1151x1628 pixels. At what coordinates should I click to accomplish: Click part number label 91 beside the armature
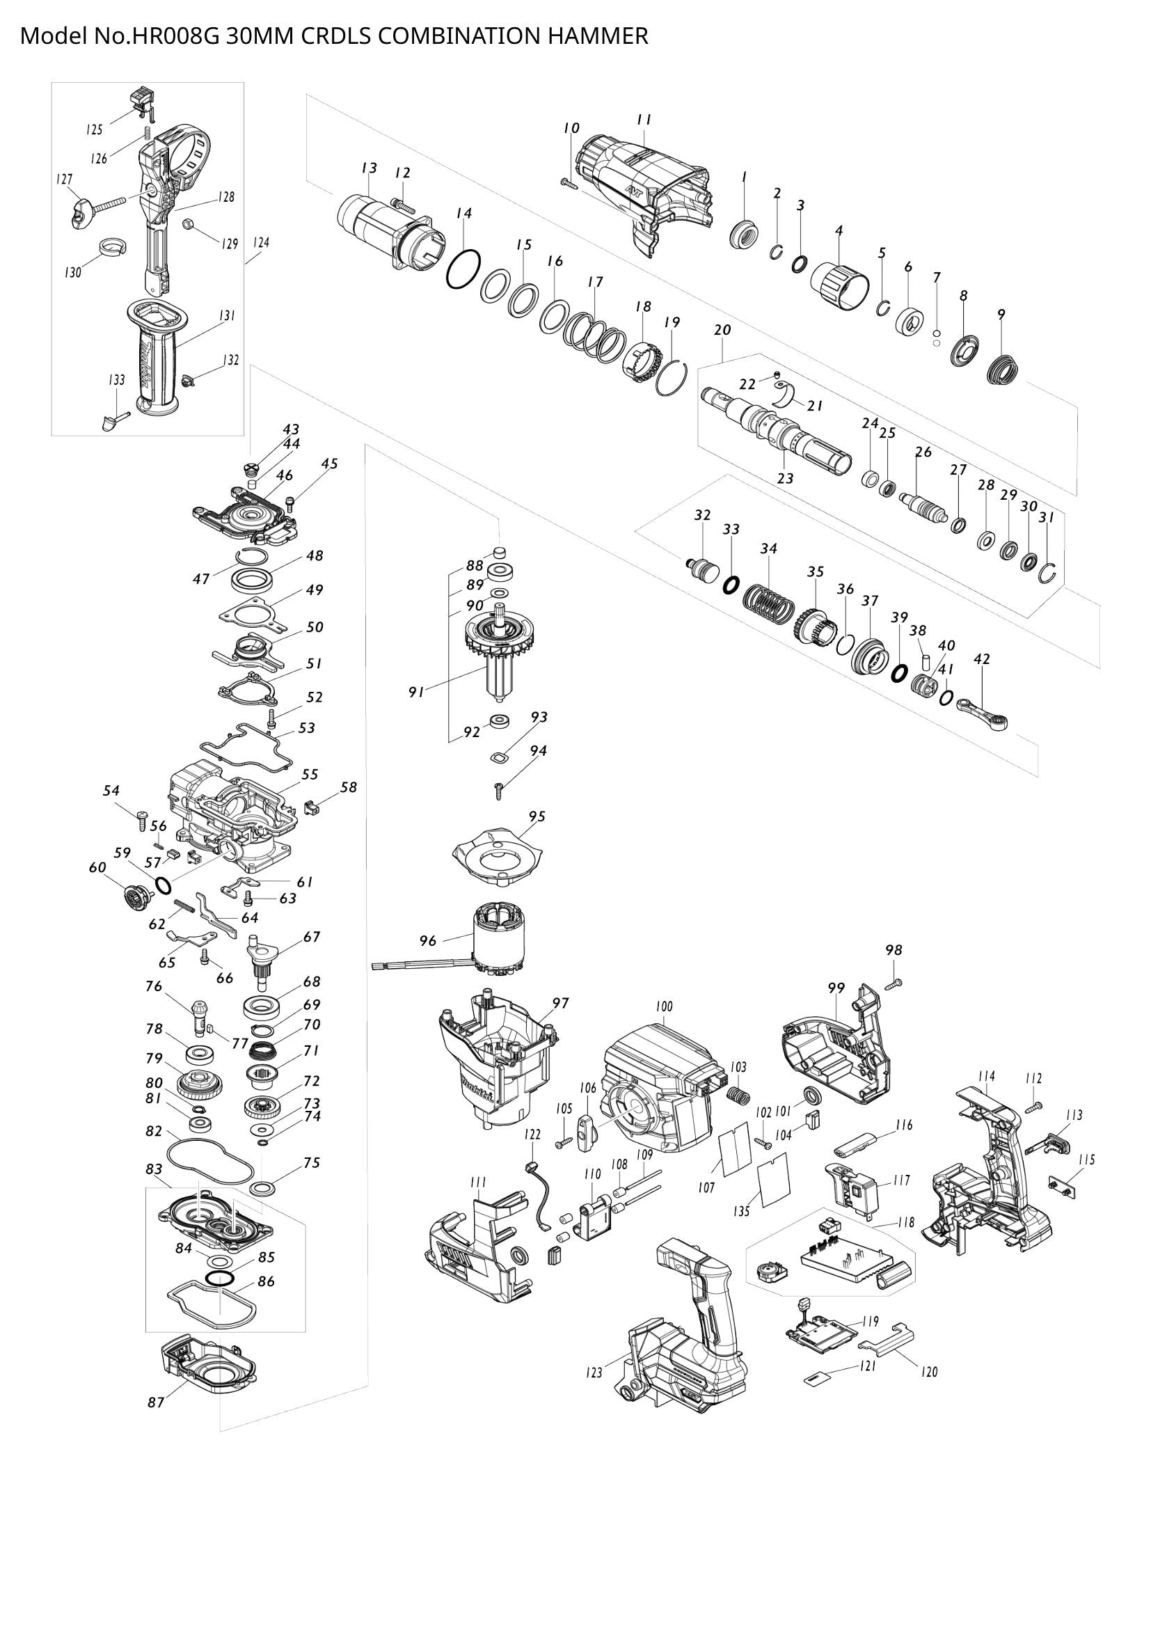coord(416,693)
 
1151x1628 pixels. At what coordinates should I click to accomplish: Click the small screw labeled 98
coord(893,982)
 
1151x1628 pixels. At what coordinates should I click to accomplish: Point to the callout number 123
coord(593,1372)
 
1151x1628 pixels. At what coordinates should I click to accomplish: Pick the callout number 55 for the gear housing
coord(310,774)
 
